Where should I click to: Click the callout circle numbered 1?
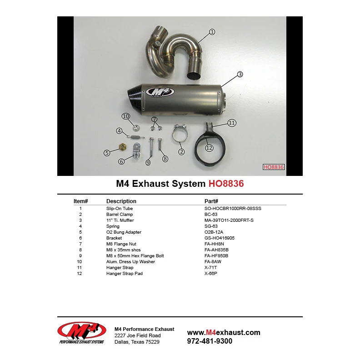212,32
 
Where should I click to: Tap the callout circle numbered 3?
240,74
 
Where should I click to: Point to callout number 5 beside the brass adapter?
107,153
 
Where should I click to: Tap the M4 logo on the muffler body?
160,91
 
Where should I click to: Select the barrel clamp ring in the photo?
180,135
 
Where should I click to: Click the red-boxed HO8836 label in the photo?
274,167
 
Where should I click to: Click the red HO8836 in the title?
226,184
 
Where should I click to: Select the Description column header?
121,201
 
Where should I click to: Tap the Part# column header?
211,201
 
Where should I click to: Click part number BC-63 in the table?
211,214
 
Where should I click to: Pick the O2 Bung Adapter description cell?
124,232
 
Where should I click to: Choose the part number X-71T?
211,267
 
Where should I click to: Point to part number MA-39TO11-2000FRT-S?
229,220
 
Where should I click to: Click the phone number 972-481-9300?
210,341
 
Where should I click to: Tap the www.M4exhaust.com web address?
224,332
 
